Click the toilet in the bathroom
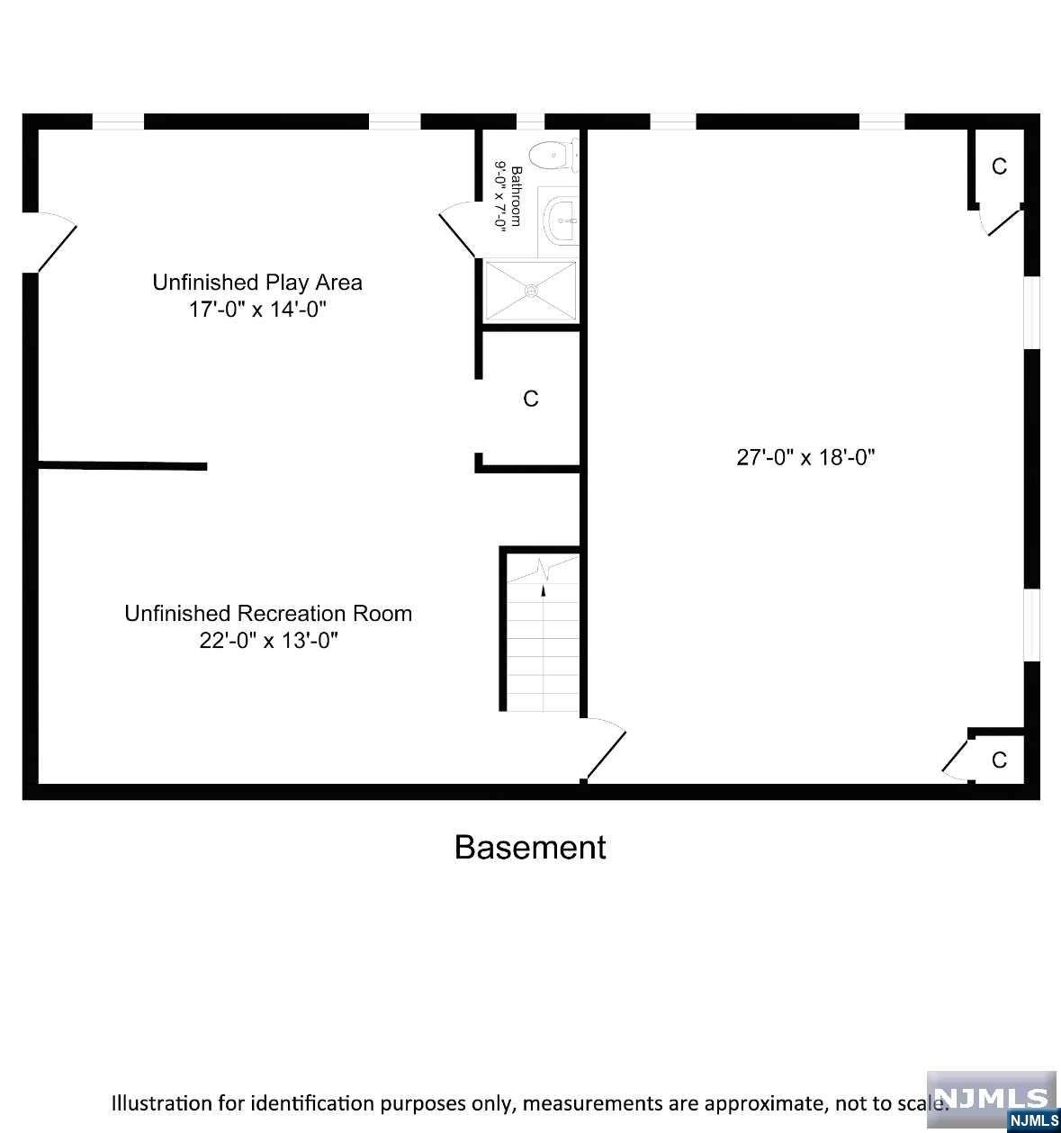(553, 155)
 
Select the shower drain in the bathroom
(531, 291)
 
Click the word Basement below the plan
(530, 847)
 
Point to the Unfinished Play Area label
(257, 283)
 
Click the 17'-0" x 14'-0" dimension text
(257, 310)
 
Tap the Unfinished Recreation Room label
(268, 613)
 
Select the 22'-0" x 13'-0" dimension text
(269, 641)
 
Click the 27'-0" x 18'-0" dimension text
(806, 457)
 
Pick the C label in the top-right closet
(1000, 166)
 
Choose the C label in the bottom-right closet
(1000, 760)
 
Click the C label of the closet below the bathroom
(531, 399)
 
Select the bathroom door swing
(458, 229)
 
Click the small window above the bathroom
(531, 121)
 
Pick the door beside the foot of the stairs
(605, 749)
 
